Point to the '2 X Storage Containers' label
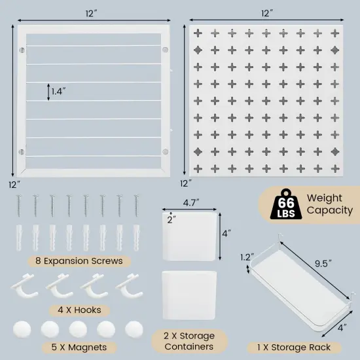tap(189, 341)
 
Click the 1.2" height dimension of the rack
tap(245, 257)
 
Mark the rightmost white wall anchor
tap(137, 234)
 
